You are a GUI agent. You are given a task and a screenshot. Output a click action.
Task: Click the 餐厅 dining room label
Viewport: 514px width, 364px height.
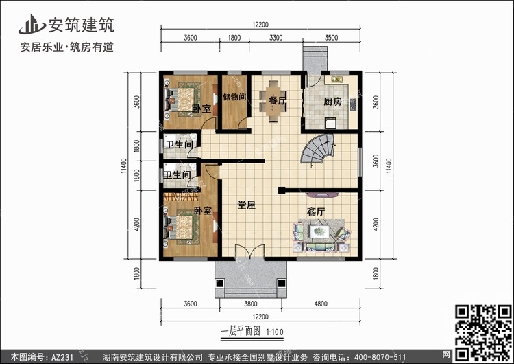click(x=277, y=100)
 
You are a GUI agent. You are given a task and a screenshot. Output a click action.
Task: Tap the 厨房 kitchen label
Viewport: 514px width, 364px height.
click(x=332, y=102)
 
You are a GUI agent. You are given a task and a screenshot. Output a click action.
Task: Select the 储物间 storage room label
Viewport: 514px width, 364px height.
click(x=234, y=97)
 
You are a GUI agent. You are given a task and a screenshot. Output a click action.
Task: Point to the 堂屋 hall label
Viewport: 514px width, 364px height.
click(x=246, y=205)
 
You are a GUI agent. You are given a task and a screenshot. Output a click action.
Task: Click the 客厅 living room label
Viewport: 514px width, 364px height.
click(x=316, y=212)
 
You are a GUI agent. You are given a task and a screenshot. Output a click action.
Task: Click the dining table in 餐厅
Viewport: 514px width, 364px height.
click(x=273, y=102)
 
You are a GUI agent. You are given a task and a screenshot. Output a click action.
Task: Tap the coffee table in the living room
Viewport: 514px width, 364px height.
click(x=319, y=231)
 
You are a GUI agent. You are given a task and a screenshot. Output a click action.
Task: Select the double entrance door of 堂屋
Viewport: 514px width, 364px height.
click(x=249, y=251)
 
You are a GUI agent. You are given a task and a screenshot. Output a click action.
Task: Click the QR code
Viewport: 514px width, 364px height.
click(x=484, y=332)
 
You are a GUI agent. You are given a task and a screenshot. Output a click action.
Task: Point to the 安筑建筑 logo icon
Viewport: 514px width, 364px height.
click(x=32, y=24)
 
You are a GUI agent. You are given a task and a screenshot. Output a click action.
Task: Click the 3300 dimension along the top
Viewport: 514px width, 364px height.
click(x=276, y=38)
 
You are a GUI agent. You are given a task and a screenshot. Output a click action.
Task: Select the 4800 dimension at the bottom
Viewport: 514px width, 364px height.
click(x=321, y=304)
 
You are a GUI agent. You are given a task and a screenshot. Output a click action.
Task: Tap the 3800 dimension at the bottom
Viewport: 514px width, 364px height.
click(x=250, y=304)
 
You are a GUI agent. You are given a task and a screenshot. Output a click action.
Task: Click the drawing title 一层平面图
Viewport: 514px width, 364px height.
click(x=241, y=331)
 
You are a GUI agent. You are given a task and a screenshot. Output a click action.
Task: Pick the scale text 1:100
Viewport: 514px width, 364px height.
click(x=275, y=332)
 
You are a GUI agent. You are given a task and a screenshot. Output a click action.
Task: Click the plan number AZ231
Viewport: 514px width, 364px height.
click(x=62, y=356)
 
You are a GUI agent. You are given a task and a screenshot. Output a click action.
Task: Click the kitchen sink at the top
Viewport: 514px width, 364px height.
click(x=337, y=79)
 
